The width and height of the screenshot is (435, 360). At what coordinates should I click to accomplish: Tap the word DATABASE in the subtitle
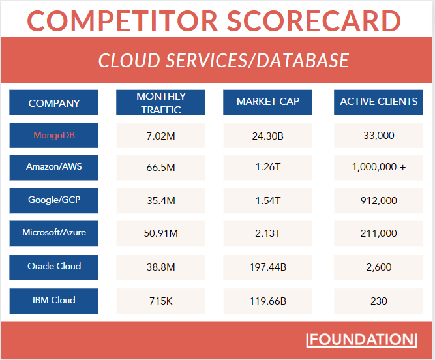pyautogui.click(x=303, y=61)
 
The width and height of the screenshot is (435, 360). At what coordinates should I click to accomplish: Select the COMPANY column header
pyautogui.click(x=54, y=103)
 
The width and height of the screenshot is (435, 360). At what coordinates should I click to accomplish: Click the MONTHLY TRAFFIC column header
pyautogui.click(x=160, y=103)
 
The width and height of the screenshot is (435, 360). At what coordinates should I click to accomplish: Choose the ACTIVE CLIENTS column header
pyautogui.click(x=378, y=102)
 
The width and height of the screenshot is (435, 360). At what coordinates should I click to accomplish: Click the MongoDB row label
pyautogui.click(x=54, y=135)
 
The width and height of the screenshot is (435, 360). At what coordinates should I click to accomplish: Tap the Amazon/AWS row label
pyautogui.click(x=54, y=167)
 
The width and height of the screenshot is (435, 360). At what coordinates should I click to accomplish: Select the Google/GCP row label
pyautogui.click(x=54, y=200)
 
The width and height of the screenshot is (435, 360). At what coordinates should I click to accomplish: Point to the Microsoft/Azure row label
pyautogui.click(x=54, y=233)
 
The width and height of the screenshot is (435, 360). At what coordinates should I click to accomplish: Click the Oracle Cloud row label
pyautogui.click(x=54, y=267)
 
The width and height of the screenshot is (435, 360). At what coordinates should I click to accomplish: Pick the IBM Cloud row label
pyautogui.click(x=54, y=301)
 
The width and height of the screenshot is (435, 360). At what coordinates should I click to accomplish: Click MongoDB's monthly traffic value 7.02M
pyautogui.click(x=160, y=136)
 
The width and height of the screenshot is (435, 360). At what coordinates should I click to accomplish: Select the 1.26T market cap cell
pyautogui.click(x=267, y=168)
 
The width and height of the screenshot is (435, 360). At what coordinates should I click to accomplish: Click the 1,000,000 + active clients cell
pyautogui.click(x=378, y=168)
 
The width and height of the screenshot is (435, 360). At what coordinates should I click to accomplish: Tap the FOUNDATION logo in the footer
pyautogui.click(x=361, y=339)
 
